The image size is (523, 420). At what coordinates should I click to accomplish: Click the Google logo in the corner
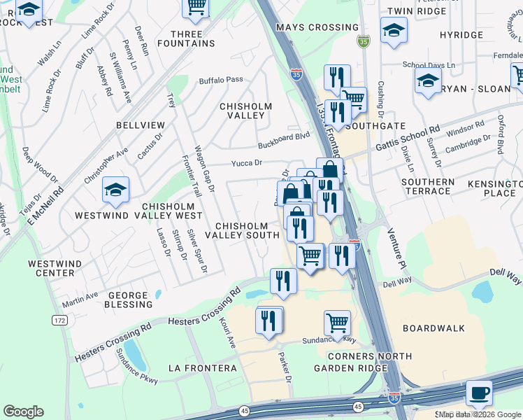(24, 412)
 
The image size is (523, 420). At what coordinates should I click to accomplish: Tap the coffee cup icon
(479, 393)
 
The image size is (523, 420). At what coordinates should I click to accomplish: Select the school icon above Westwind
(116, 190)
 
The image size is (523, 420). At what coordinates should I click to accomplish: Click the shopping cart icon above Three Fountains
(196, 7)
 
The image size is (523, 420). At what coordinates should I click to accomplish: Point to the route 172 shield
(59, 320)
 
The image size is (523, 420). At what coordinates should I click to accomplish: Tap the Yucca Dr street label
(247, 163)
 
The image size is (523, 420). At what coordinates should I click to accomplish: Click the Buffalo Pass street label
(221, 80)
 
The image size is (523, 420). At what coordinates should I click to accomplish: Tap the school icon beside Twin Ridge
(394, 31)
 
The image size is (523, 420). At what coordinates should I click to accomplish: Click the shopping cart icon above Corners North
(337, 323)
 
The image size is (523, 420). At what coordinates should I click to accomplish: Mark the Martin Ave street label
(80, 299)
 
